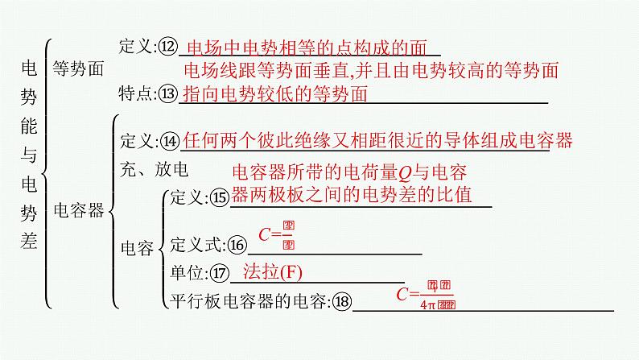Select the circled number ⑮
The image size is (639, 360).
[x=219, y=198]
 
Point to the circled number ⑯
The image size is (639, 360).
[x=237, y=245]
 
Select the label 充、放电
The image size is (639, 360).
[x=153, y=169]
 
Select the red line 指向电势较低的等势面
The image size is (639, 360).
[x=276, y=94]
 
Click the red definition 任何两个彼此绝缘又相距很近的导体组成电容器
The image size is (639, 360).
[x=377, y=141]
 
